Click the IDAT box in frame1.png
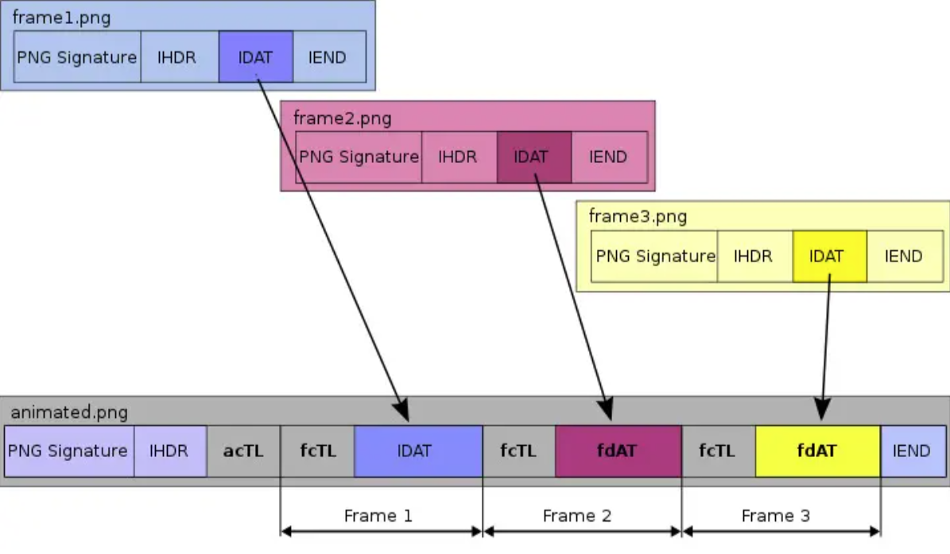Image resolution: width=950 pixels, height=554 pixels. [x=255, y=57]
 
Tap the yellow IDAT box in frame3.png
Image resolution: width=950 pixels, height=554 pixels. [x=829, y=256]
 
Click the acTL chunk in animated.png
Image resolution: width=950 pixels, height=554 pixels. [x=243, y=451]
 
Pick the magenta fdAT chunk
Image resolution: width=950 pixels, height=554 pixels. [x=618, y=451]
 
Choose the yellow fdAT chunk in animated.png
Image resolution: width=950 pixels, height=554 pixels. [x=817, y=451]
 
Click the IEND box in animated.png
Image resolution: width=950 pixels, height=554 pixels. [x=912, y=451]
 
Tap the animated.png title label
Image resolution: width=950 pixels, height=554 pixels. [x=69, y=413]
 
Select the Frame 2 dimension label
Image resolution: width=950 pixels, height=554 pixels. [x=577, y=516]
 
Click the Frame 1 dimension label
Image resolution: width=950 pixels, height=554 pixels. [x=378, y=516]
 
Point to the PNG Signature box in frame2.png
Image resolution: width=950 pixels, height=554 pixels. [x=359, y=157]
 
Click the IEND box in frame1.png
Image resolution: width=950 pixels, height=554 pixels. [x=328, y=57]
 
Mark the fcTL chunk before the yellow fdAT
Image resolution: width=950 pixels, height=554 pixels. [x=718, y=451]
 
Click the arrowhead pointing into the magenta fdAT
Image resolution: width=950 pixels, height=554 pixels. [x=607, y=413]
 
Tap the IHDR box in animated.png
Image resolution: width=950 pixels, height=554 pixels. [x=169, y=451]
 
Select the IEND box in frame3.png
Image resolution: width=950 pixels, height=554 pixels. [x=903, y=256]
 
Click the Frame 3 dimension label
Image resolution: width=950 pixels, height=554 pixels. [x=776, y=516]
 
